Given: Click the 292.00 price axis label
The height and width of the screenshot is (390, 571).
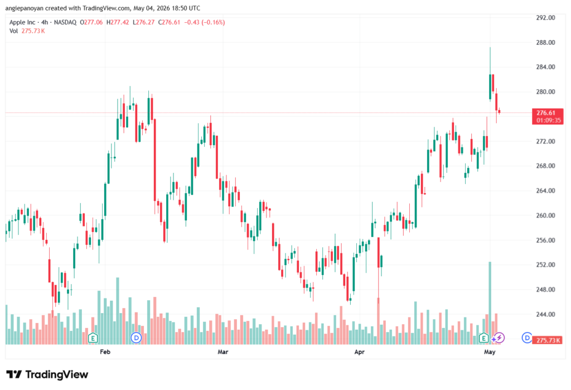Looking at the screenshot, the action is [x=545, y=17].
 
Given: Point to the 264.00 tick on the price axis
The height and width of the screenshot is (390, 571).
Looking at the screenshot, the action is [x=545, y=191].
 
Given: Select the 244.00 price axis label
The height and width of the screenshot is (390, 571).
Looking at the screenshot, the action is [x=545, y=314].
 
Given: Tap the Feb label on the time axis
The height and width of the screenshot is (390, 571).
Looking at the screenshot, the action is [x=105, y=352].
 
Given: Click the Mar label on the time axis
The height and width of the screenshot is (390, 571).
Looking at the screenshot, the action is [x=223, y=352].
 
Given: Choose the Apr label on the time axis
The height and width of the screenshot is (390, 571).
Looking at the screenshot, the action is [x=360, y=352].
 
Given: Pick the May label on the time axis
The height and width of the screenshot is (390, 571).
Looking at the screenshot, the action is [x=490, y=352].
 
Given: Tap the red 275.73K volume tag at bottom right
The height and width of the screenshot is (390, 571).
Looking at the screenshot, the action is [x=548, y=340].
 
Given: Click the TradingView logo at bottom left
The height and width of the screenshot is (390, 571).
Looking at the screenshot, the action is [x=47, y=374].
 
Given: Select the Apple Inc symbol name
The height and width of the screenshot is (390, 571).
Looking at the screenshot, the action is [x=22, y=22].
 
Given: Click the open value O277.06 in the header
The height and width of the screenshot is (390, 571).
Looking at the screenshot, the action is [x=91, y=22].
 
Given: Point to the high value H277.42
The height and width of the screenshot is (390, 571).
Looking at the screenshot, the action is [x=118, y=22].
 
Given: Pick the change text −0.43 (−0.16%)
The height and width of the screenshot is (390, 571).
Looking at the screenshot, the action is [x=204, y=22].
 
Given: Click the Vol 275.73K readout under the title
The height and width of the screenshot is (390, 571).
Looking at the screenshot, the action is [x=27, y=31].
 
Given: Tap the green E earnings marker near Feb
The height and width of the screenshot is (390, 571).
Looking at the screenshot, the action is [x=93, y=338].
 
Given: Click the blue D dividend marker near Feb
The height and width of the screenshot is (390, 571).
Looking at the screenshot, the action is [x=136, y=338].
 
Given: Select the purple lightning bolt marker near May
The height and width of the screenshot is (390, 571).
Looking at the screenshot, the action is [x=499, y=338].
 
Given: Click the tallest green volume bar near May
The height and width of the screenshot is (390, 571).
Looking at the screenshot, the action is [x=490, y=303].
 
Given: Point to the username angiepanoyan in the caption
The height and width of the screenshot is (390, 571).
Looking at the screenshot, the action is [x=25, y=8].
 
